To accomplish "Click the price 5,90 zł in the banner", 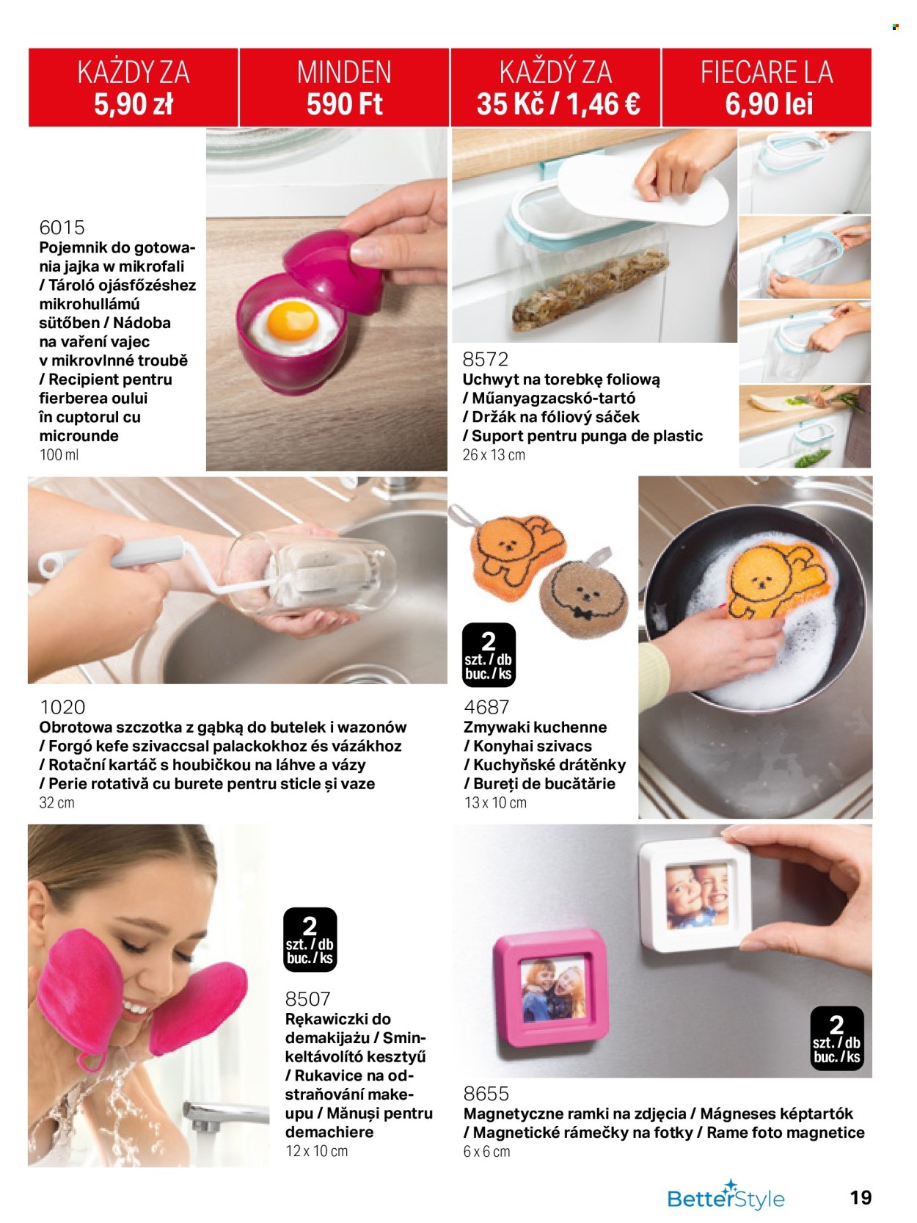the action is tap(134, 104).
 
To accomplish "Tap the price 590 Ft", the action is tap(345, 104).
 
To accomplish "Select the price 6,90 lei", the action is tap(769, 104).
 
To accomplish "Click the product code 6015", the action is tap(62, 228).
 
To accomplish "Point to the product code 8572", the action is tap(486, 359).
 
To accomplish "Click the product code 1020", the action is tap(62, 707).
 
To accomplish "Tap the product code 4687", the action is tap(486, 707).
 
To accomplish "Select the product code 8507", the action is tap(308, 998).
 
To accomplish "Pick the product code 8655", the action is tap(486, 1094).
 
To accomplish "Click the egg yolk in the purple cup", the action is tap(292, 321).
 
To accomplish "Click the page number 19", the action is tap(861, 1197).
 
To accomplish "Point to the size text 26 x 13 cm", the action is tap(494, 454).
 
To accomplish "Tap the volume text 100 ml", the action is tap(59, 454).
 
